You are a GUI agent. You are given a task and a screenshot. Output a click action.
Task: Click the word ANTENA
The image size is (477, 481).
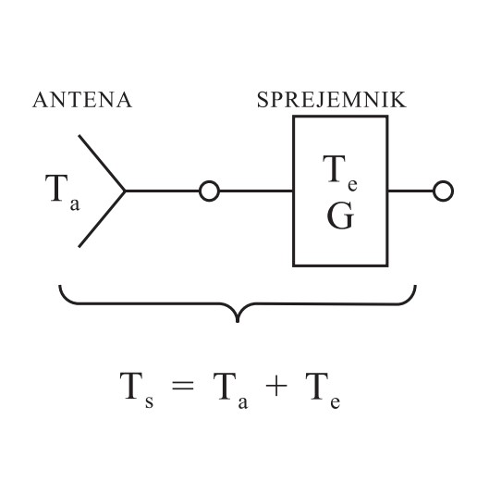click(x=82, y=100)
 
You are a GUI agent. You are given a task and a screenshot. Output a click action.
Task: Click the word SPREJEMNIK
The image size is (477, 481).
click(x=332, y=100)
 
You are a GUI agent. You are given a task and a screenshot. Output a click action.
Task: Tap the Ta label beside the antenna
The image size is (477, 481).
click(x=63, y=192)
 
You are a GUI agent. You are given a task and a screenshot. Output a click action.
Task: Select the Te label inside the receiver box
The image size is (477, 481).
click(x=340, y=173)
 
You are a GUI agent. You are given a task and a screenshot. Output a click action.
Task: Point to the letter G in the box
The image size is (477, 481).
click(x=340, y=216)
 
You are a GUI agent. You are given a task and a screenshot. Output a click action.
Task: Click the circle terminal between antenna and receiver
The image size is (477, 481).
click(x=209, y=191)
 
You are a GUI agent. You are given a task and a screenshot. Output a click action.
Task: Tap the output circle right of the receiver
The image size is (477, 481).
click(x=443, y=191)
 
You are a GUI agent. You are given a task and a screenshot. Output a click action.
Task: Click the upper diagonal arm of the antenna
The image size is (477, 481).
click(x=102, y=163)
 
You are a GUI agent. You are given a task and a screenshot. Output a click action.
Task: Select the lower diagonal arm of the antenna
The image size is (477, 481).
click(x=102, y=219)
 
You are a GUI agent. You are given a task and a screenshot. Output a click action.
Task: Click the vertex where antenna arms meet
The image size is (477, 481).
click(x=125, y=191)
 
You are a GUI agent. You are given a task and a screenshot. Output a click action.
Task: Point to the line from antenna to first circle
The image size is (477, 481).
click(x=162, y=191)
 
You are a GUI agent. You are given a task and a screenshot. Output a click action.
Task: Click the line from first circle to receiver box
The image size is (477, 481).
click(x=256, y=191)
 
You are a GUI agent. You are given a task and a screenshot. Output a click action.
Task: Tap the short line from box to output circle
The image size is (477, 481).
click(x=410, y=191)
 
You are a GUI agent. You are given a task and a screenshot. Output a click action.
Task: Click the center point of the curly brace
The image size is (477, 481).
click(x=238, y=321)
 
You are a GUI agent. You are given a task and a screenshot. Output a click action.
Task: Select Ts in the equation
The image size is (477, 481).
click(x=137, y=390)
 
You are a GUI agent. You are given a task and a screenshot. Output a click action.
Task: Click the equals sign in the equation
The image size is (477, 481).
click(x=183, y=386)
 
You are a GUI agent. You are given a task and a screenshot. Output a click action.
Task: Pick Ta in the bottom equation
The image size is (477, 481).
click(x=230, y=390)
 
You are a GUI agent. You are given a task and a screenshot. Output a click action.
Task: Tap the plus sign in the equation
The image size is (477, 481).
click(x=276, y=386)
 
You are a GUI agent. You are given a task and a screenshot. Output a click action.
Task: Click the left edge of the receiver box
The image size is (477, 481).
click(x=294, y=191)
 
